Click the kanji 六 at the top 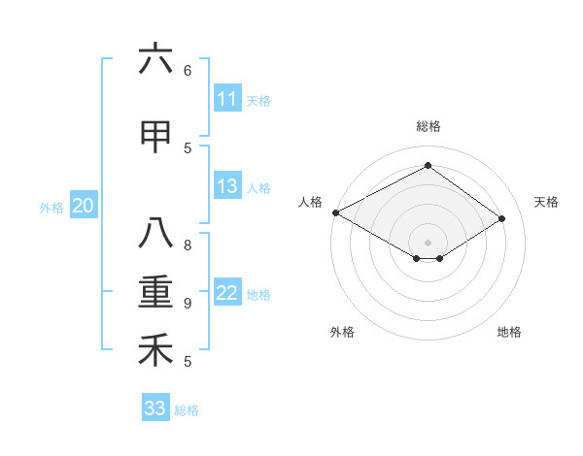pyautogui.click(x=155, y=59)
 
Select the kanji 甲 pyautogui.click(x=155, y=137)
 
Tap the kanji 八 pyautogui.click(x=155, y=234)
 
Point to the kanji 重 pyautogui.click(x=155, y=292)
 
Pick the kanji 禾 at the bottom pyautogui.click(x=155, y=350)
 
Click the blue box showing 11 pyautogui.click(x=226, y=99)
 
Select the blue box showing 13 pyautogui.click(x=226, y=186)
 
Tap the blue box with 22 pyautogui.click(x=226, y=293)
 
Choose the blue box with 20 pyautogui.click(x=84, y=206)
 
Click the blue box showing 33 pyautogui.click(x=155, y=408)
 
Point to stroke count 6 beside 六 pyautogui.click(x=188, y=70)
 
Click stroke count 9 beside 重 pyautogui.click(x=188, y=303)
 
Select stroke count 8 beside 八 pyautogui.click(x=188, y=244)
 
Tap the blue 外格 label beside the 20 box pyautogui.click(x=51, y=207)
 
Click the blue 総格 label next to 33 pyautogui.click(x=187, y=409)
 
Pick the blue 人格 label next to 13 pyautogui.click(x=258, y=187)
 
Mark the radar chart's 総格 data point pyautogui.click(x=428, y=165)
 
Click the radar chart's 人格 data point pyautogui.click(x=335, y=212)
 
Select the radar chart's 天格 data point pyautogui.click(x=502, y=219)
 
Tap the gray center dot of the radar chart pyautogui.click(x=428, y=241)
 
